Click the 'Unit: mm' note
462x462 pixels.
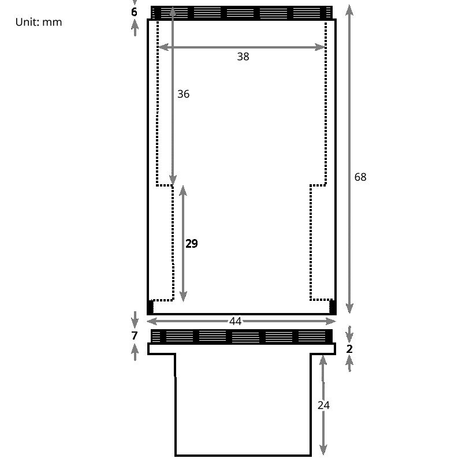tap(39, 22)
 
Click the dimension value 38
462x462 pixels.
tap(243, 56)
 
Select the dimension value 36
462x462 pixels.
tap(183, 94)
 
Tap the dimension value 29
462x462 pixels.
tap(192, 244)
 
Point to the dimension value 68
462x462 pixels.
tap(360, 177)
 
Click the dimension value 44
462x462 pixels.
tap(235, 322)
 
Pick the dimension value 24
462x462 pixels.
tap(323, 405)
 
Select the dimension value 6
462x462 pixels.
tap(135, 12)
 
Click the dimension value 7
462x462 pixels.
tap(135, 336)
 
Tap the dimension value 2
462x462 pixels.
tap(349, 349)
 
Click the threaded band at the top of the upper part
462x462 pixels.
tap(241, 13)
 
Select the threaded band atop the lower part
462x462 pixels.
tap(241, 336)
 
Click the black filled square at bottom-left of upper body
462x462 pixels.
tap(151, 307)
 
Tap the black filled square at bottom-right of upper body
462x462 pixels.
tap(333, 307)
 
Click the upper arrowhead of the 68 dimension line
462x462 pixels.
tap(349, 10)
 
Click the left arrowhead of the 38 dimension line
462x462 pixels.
tap(162, 47)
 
